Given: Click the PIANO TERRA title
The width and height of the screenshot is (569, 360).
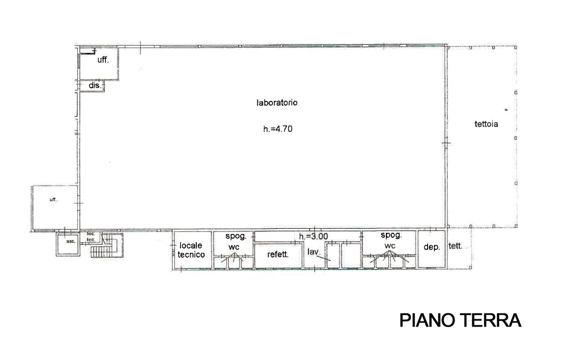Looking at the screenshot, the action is [x=460, y=320].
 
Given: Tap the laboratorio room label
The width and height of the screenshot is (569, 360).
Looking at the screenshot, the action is [x=277, y=103].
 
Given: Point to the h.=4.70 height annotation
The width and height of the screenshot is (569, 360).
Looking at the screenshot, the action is [x=278, y=129].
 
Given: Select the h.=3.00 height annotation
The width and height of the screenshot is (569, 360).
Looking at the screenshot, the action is [x=313, y=236].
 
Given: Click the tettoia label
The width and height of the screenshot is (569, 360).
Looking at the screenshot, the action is [x=486, y=124].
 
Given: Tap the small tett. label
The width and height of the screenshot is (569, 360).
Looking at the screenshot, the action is [x=455, y=246].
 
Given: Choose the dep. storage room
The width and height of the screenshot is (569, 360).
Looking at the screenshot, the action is [x=432, y=249].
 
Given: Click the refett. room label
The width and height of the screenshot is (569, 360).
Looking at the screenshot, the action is [x=278, y=254].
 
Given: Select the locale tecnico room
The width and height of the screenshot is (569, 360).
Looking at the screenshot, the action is [x=192, y=250].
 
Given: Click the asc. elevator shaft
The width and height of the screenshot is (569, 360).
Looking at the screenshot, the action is [x=68, y=244].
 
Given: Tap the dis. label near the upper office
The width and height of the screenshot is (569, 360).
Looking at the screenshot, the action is [x=95, y=86].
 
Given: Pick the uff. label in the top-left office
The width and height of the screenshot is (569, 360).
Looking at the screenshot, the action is [x=103, y=60].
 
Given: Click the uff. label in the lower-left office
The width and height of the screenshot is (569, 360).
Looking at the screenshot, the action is [x=53, y=200].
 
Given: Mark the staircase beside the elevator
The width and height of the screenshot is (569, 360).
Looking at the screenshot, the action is [x=107, y=245].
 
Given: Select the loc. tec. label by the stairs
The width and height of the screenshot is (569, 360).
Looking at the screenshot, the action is [x=91, y=236].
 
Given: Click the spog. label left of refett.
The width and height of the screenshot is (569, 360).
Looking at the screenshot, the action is [x=236, y=236].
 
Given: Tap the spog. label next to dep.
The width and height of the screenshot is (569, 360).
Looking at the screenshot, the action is [x=391, y=236].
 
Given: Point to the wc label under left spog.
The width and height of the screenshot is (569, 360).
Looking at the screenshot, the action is [x=234, y=247].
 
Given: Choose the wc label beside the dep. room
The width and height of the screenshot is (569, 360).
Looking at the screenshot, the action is [x=390, y=246].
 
